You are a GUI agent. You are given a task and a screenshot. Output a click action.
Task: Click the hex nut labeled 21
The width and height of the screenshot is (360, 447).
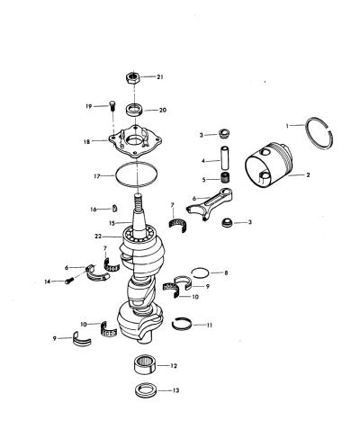pos(132,77)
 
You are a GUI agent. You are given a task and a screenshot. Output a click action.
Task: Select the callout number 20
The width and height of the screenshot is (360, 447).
pos(162,111)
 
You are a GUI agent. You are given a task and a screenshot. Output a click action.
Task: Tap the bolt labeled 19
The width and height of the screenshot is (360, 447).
pos(112,106)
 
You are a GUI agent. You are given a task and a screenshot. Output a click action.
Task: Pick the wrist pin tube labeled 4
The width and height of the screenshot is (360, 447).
pos(226,157)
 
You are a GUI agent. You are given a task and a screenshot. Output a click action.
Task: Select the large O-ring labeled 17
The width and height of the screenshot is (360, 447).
pos(116,175)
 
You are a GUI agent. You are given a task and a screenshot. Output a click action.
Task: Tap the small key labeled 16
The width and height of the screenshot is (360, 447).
pos(115,208)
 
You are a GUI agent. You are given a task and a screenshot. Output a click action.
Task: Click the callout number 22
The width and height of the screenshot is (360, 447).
pos(98,237)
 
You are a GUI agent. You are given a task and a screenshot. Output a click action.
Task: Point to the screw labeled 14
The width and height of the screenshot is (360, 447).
pos(69,281)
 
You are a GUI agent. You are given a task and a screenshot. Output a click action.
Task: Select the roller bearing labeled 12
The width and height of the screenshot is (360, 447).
pos(145,364)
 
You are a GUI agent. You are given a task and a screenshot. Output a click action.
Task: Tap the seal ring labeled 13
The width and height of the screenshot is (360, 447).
pos(146,390)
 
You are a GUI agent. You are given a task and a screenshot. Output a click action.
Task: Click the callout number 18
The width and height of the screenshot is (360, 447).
pos(86,141)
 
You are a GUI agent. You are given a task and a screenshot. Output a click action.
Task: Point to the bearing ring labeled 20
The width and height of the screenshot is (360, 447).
pos(134,110)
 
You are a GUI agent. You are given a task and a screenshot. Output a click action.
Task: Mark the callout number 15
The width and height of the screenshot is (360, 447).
pos(112,223)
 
